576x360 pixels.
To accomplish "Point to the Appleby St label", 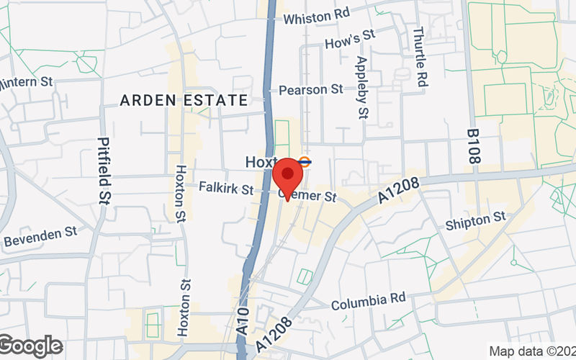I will [x=361, y=87].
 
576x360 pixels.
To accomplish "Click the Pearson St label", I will [x=310, y=90].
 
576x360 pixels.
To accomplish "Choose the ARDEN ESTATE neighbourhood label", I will [x=184, y=100].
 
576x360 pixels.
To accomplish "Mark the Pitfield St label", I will [x=104, y=171].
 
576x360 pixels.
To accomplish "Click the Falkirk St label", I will [x=227, y=189].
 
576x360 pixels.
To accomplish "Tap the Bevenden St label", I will [x=40, y=236].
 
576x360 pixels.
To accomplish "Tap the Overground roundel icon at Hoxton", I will [x=305, y=162].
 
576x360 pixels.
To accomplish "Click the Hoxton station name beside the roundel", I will [x=261, y=162].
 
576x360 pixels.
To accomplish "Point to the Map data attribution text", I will [x=531, y=351].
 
